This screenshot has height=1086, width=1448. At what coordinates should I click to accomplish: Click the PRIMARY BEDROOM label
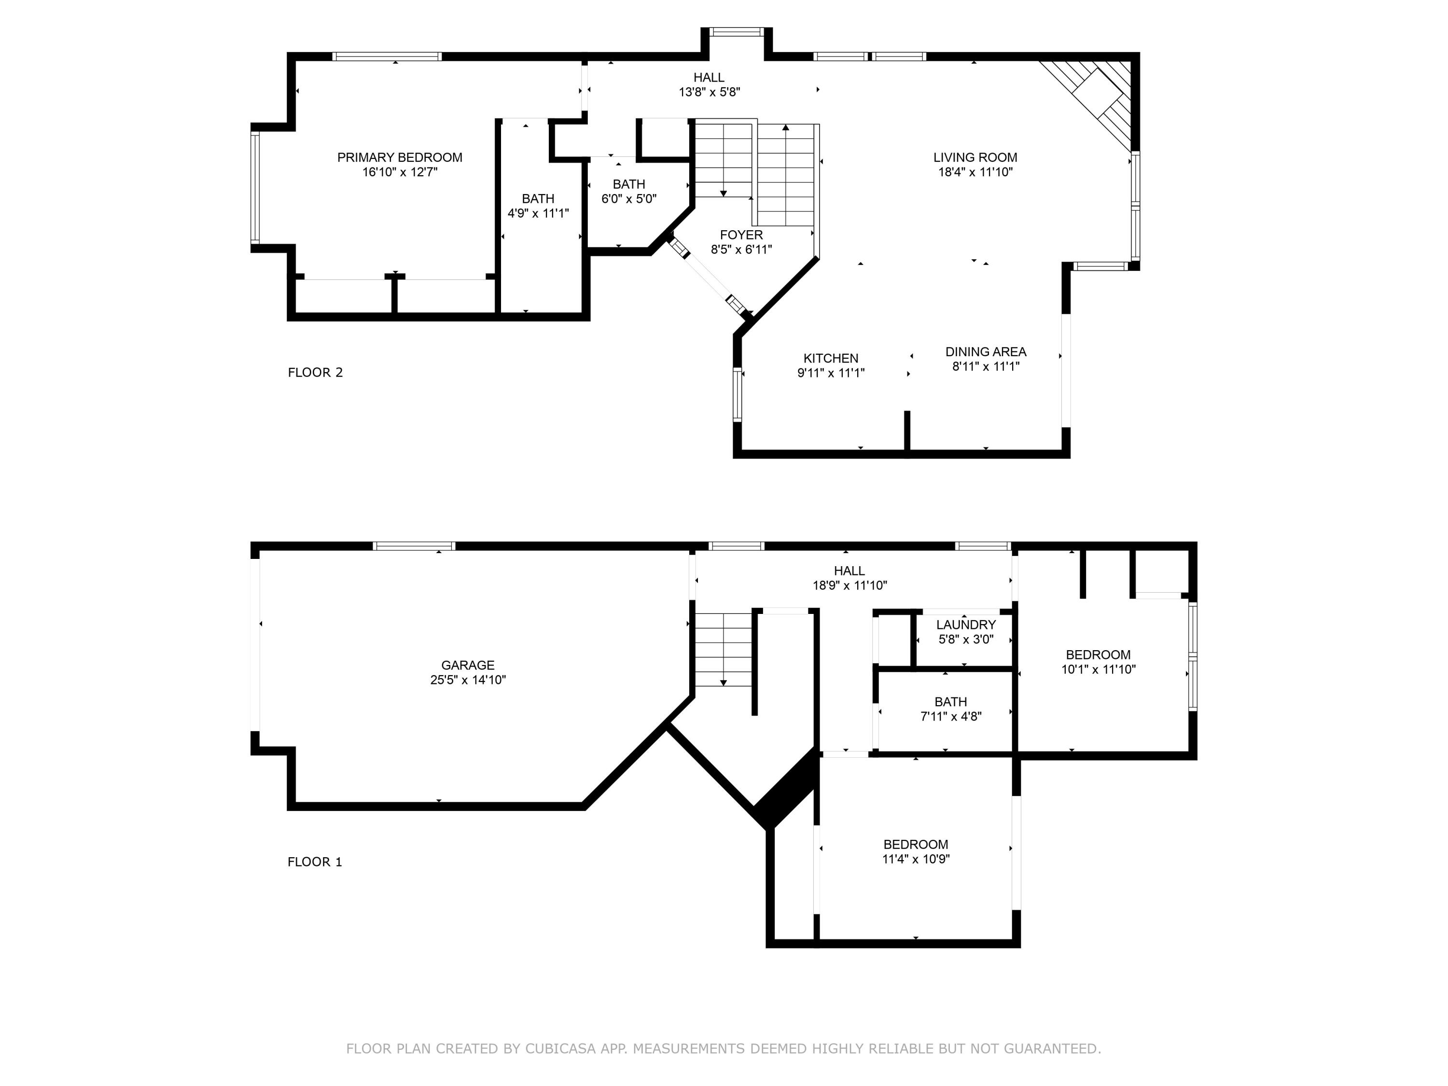pos(399,157)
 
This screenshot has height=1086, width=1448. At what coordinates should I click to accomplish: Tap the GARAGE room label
pos(467,665)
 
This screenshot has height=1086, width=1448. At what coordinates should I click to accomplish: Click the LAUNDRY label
pos(965,625)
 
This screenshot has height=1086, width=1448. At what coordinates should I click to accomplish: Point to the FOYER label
pos(741,235)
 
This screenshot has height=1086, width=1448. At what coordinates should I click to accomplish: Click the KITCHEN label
pos(831,359)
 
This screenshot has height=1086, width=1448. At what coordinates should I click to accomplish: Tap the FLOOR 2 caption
pos(315,373)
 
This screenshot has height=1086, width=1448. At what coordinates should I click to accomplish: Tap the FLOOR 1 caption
pos(314,862)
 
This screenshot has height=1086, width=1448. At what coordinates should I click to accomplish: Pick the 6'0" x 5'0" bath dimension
pos(628,199)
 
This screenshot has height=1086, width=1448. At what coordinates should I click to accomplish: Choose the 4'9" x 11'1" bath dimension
pos(538,213)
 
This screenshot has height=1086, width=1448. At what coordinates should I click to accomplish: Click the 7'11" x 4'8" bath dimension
pos(950,717)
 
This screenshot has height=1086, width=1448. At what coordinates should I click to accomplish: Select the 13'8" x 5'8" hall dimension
pos(709,92)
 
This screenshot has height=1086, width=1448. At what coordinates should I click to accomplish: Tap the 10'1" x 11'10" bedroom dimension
pos(1098,669)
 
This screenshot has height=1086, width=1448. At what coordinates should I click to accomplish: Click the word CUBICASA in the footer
pos(560,1049)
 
